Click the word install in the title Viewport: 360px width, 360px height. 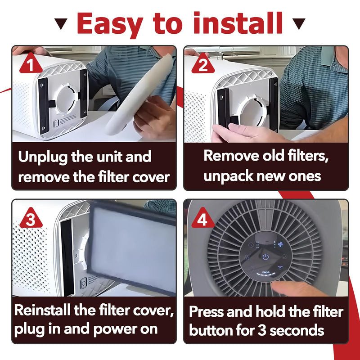click(238, 23)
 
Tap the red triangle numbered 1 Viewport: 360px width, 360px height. click(31, 63)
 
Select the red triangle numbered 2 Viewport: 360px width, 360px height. click(203, 63)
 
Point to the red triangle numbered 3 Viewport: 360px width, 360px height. click(31, 218)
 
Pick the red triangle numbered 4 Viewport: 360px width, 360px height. click(203, 218)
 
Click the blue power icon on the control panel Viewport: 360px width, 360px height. click(265, 256)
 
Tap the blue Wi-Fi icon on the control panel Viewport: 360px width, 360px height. click(280, 268)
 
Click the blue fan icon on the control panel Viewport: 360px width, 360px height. click(280, 244)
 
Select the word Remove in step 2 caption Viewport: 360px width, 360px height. click(231, 155)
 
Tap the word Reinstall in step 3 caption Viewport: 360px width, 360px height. click(42, 310)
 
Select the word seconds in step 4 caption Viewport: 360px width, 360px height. click(297, 330)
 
